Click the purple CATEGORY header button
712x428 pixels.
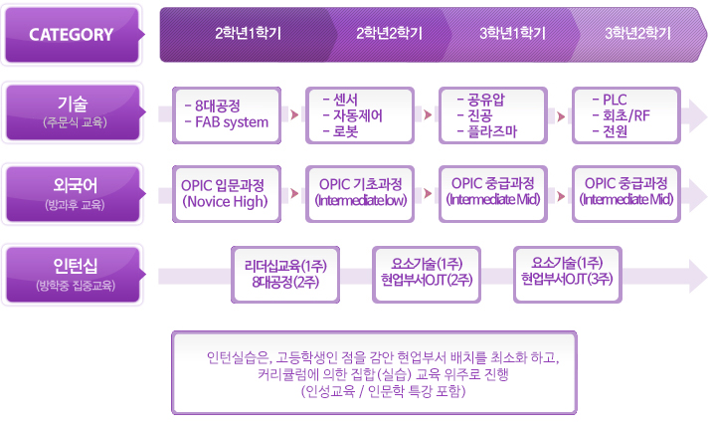tap(72, 35)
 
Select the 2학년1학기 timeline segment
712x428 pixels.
tap(248, 34)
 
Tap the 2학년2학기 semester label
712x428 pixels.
tap(389, 34)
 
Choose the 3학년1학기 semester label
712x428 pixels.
tap(512, 34)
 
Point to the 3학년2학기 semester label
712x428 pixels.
tap(637, 34)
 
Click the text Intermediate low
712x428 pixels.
tap(361, 201)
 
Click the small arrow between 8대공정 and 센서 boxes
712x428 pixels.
tap(295, 114)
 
